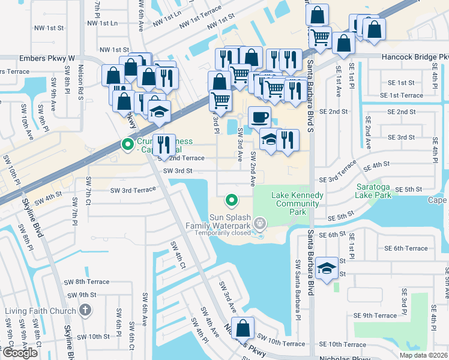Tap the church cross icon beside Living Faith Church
click(x=85, y=310)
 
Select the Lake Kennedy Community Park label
click(x=298, y=203)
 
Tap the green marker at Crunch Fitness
click(x=127, y=144)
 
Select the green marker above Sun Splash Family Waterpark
click(x=231, y=200)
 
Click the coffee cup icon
click(x=259, y=116)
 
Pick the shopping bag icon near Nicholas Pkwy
click(x=243, y=328)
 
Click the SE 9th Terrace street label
click(x=375, y=316)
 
